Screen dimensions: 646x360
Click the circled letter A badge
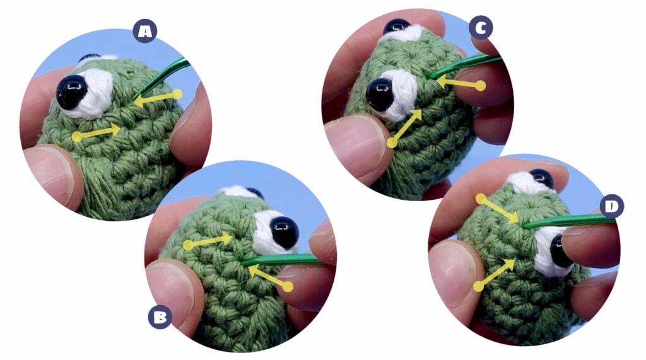point(144,31)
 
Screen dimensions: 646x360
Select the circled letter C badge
point(481,28)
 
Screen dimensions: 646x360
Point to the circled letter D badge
point(612,206)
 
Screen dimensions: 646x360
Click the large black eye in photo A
point(72,91)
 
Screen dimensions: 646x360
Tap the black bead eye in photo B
point(285,233)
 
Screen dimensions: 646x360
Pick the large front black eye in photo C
point(379,95)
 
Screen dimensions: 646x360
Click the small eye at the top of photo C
point(397,26)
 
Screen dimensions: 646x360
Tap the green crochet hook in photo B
point(282,260)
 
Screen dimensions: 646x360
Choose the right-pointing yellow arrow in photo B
point(208,241)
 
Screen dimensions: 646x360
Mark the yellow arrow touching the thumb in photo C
point(407,126)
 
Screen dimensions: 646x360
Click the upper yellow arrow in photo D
point(498,211)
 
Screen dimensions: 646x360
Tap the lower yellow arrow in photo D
point(496,273)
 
